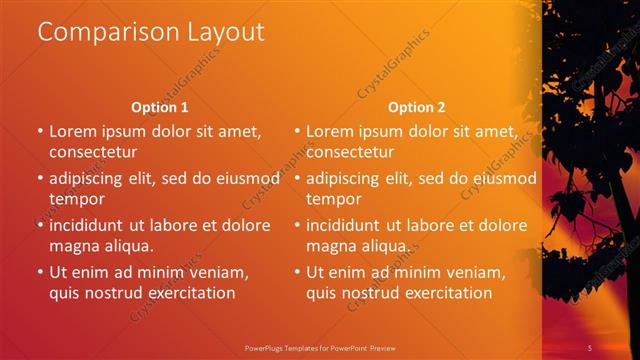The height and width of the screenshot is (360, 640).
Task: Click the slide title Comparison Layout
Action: [151, 32]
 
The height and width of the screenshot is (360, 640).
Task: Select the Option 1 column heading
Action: [160, 107]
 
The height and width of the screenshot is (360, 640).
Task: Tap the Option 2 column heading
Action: [417, 107]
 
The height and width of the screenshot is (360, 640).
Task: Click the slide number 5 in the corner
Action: [590, 347]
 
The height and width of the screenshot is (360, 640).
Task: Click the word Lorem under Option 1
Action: [73, 131]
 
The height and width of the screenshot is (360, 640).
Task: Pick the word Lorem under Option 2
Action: [330, 131]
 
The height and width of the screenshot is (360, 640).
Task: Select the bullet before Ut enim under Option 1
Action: [40, 271]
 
